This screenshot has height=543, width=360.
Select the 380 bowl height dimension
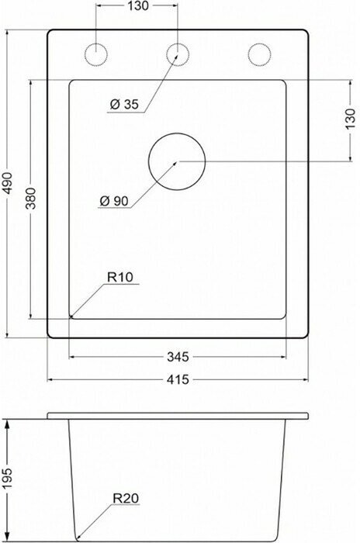[x=31, y=198]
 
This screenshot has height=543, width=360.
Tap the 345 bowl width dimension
[x=178, y=357]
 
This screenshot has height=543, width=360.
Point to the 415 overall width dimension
[x=178, y=379]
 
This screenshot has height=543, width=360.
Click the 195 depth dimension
[x=7, y=479]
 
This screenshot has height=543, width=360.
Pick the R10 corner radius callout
[x=120, y=277]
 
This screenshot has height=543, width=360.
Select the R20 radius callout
[x=126, y=498]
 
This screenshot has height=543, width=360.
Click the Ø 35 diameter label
[x=124, y=104]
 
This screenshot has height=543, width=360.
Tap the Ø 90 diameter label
[x=113, y=201]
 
